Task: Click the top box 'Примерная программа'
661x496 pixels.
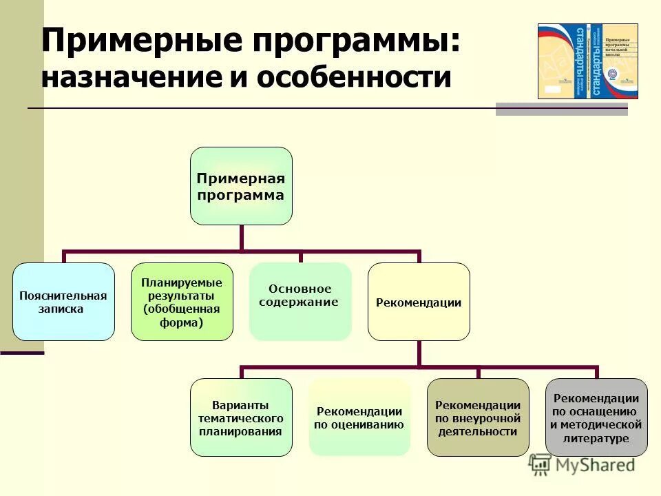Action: pyautogui.click(x=241, y=186)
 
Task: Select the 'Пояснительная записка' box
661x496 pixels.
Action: pyautogui.click(x=63, y=302)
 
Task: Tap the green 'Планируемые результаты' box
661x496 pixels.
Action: pyautogui.click(x=182, y=302)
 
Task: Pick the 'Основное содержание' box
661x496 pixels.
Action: pyautogui.click(x=300, y=302)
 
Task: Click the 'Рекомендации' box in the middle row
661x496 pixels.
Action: pyautogui.click(x=419, y=302)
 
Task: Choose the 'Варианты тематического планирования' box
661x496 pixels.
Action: pyautogui.click(x=241, y=417)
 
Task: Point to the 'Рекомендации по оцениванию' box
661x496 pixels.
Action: pyautogui.click(x=359, y=417)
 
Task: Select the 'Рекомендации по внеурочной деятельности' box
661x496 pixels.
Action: pyautogui.click(x=478, y=417)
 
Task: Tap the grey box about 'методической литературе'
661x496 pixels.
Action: pyautogui.click(x=596, y=417)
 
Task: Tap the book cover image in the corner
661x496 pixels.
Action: pyautogui.click(x=587, y=61)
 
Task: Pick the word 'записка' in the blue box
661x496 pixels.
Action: pyautogui.click(x=61, y=309)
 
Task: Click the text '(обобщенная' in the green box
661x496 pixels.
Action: pyautogui.click(x=182, y=308)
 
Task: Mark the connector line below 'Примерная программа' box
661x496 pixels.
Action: pyautogui.click(x=241, y=238)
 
